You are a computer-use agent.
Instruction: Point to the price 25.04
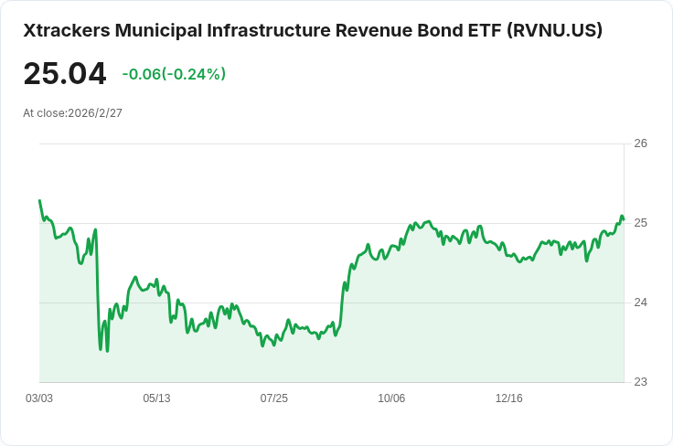pyautogui.click(x=65, y=74)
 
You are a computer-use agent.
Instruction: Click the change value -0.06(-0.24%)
pyautogui.click(x=174, y=74)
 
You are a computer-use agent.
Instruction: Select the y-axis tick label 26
pyautogui.click(x=640, y=143)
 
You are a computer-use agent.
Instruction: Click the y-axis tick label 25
pyautogui.click(x=640, y=223)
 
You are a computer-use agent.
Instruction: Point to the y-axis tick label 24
pyautogui.click(x=640, y=303)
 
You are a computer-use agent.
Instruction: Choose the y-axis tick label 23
pyautogui.click(x=640, y=382)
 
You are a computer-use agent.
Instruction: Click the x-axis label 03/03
pyautogui.click(x=39, y=398)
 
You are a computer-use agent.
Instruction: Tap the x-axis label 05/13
pyautogui.click(x=156, y=398)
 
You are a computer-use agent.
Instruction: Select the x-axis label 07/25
pyautogui.click(x=273, y=398)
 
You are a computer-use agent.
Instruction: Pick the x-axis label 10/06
pyautogui.click(x=391, y=398)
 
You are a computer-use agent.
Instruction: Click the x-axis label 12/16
pyautogui.click(x=508, y=398)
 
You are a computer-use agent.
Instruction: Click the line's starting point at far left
pyautogui.click(x=39, y=200)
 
